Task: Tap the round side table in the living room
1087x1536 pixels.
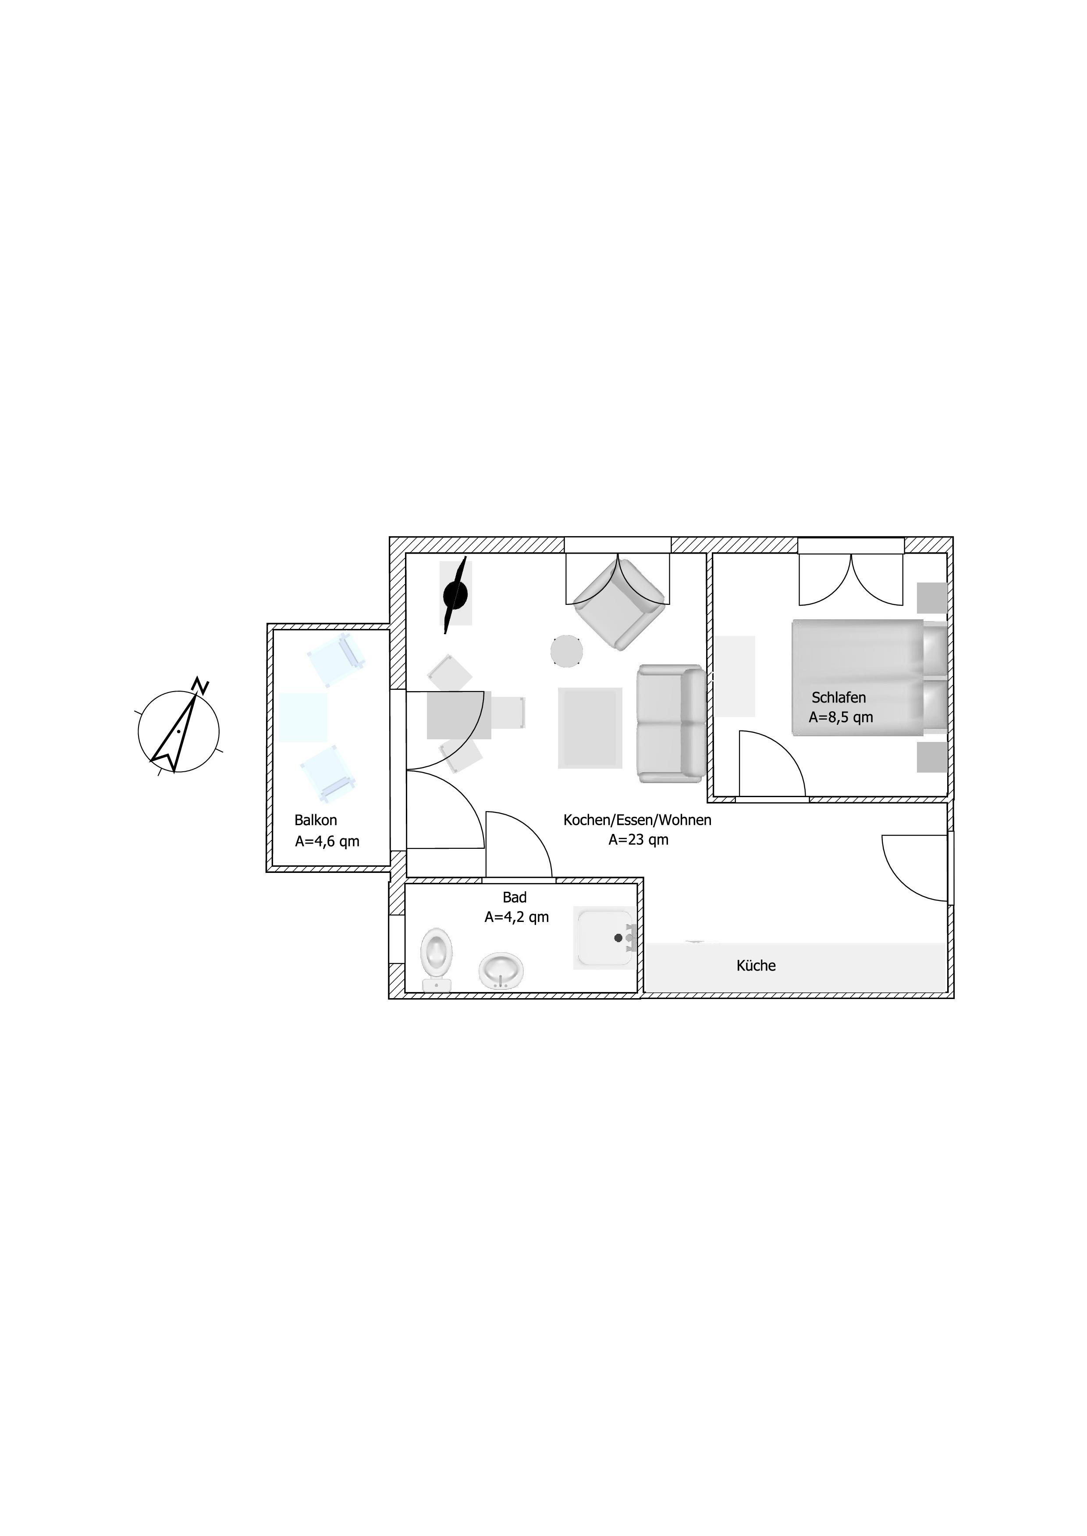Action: coord(567,650)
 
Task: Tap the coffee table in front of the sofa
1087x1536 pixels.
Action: coord(590,728)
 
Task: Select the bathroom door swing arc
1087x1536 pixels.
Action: coord(519,844)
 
